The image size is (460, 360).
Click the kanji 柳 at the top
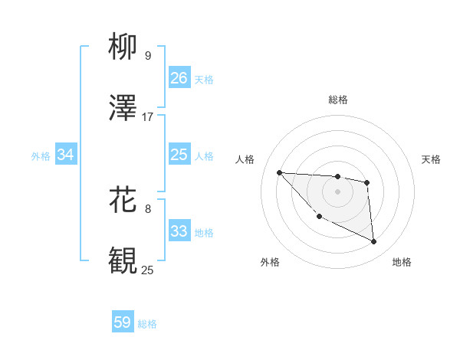[123, 48]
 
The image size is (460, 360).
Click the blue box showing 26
[179, 78]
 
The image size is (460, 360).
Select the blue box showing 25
[179, 155]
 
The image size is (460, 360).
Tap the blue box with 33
[179, 231]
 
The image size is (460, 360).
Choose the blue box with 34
[65, 155]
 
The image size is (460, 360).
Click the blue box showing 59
[122, 322]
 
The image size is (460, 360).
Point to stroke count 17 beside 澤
[148, 117]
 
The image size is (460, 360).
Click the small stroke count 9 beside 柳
[148, 56]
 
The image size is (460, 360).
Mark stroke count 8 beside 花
[148, 208]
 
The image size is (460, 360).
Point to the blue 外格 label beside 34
[41, 155]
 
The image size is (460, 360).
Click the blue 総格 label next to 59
[147, 324]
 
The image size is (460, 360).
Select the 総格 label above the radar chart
[338, 100]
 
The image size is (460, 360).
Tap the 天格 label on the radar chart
[431, 159]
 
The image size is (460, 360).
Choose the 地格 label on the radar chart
[402, 262]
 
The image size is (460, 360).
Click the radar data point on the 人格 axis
[280, 172]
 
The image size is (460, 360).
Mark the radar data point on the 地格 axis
[374, 242]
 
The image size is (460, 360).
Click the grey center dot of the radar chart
[337, 191]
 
